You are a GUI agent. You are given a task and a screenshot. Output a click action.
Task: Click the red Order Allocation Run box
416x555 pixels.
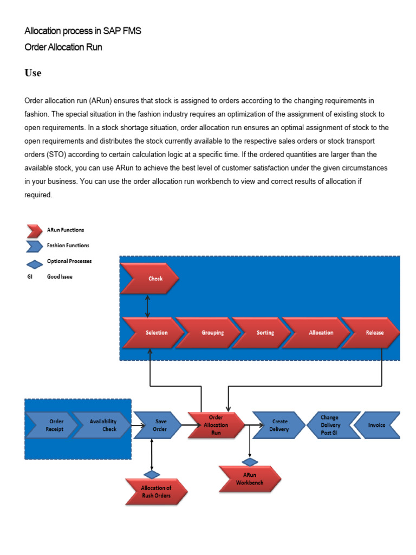click(x=216, y=425)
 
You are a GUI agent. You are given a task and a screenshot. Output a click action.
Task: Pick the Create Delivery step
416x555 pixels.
click(x=277, y=425)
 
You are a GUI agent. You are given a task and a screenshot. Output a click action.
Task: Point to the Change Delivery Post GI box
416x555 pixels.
click(x=329, y=425)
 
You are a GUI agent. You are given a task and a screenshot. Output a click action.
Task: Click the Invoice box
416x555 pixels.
click(x=379, y=425)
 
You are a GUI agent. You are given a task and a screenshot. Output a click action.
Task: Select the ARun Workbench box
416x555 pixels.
click(x=250, y=479)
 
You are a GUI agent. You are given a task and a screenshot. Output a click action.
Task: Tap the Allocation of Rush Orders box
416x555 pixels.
click(x=157, y=492)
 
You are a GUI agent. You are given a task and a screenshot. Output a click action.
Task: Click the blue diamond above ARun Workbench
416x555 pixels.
click(x=250, y=462)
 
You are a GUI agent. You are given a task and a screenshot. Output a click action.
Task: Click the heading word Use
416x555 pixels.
click(x=32, y=73)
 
